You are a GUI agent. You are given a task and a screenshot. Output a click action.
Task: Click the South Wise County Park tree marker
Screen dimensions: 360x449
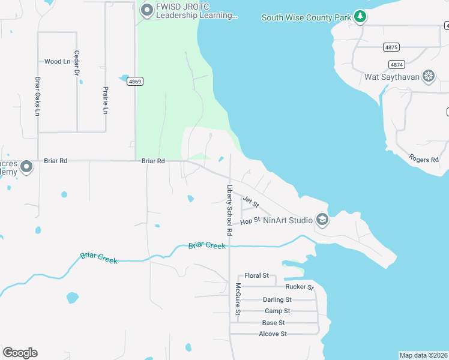pos(360,16)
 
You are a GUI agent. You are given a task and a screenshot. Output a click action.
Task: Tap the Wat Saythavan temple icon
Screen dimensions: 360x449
pos(429,76)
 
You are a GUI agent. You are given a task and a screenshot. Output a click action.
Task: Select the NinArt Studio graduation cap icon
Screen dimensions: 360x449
pos(322,220)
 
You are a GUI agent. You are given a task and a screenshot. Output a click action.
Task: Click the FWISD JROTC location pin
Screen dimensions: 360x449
pos(146,10)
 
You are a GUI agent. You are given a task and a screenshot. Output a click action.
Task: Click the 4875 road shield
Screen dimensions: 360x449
pos(391,47)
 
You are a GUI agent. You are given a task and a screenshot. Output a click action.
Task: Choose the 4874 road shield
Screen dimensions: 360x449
pos(396,64)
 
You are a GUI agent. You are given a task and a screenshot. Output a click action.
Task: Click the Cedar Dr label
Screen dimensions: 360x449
pos(77,62)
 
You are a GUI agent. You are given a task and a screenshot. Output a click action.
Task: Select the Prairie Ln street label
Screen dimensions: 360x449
pos(106,100)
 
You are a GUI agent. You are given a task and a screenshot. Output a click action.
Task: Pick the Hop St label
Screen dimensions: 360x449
pos(250,221)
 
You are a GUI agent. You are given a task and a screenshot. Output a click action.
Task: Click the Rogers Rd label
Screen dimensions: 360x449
pos(424,159)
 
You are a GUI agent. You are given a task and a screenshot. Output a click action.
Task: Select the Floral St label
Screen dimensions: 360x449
pos(256,275)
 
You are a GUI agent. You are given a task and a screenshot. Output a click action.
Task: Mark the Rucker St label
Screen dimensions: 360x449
pos(300,287)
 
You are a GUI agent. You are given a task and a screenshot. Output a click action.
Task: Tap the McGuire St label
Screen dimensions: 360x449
pos(238,299)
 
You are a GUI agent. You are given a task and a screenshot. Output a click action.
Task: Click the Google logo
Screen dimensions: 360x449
pos(20,353)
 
